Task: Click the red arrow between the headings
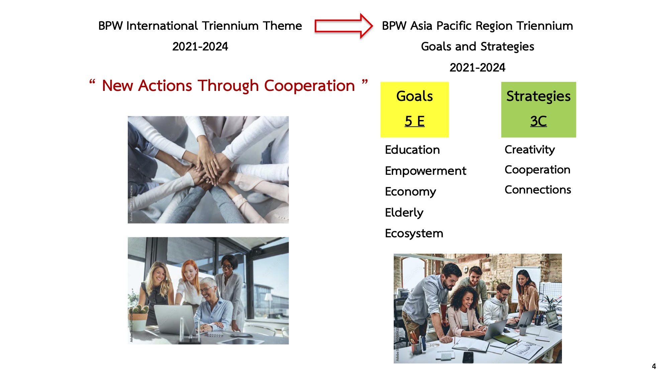(344, 26)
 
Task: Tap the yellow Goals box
(414, 110)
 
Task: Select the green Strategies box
(539, 110)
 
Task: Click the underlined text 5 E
(414, 121)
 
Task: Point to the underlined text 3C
(539, 121)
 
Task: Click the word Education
(412, 150)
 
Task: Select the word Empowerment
(425, 171)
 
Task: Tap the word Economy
(410, 192)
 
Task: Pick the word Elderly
(404, 213)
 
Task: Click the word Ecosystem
(414, 233)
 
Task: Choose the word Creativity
(530, 150)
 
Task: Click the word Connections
(538, 190)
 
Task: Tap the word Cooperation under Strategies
(538, 170)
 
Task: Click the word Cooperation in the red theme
(309, 86)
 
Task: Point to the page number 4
(654, 366)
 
